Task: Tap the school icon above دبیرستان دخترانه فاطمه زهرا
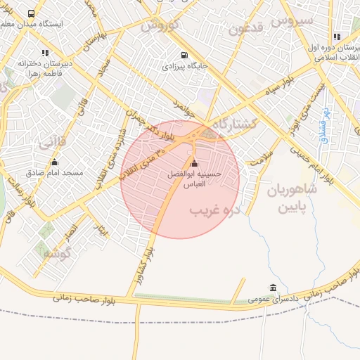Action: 46,53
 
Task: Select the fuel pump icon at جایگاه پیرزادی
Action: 184,55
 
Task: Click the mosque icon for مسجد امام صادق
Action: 54,162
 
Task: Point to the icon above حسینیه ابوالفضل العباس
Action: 194,165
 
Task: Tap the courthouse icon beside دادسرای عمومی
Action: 273,288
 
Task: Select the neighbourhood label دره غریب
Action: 216,210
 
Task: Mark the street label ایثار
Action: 103,231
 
